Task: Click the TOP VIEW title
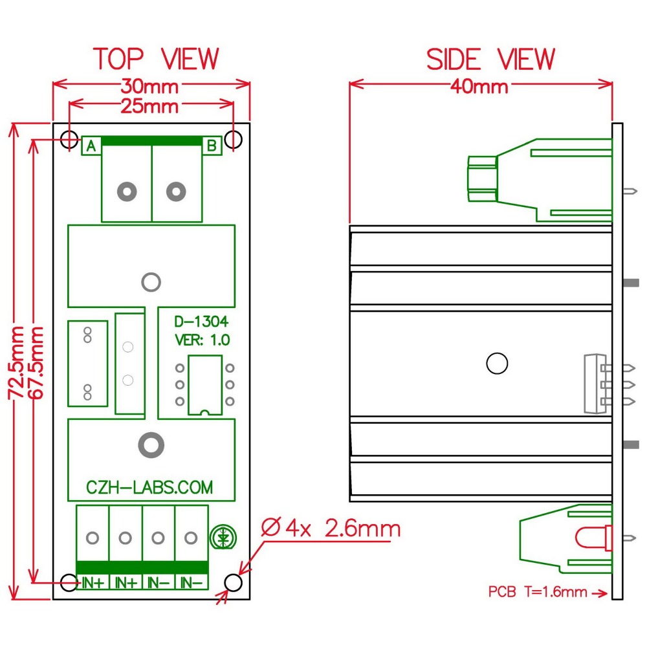click(157, 60)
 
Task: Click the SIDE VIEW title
click(490, 60)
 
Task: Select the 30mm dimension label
click(150, 85)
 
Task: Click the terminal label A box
click(91, 147)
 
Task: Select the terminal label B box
click(212, 147)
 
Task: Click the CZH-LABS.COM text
click(149, 487)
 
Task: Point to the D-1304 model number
click(201, 322)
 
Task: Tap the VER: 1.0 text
click(202, 340)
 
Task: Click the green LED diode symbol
click(225, 536)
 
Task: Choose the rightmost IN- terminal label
click(192, 583)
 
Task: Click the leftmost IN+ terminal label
click(93, 583)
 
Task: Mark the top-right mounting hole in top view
click(234, 139)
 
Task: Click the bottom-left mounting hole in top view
click(69, 582)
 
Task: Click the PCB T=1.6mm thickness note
click(538, 591)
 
